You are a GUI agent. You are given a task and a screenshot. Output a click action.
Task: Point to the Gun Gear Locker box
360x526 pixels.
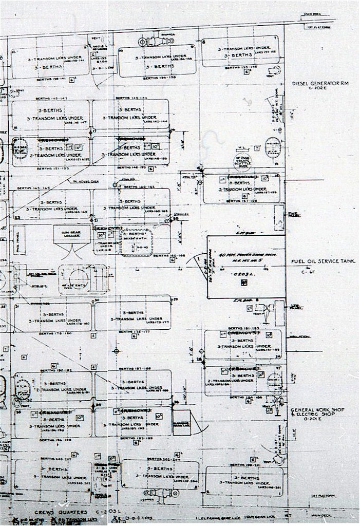point(71,234)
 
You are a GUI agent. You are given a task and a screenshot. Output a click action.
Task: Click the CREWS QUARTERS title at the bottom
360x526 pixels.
point(58,512)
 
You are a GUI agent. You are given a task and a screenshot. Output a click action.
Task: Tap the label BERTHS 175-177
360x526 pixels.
point(134,332)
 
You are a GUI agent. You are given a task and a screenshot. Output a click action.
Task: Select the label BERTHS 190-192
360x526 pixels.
point(52,370)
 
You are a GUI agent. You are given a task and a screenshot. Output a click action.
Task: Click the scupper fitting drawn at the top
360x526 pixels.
point(153,41)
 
